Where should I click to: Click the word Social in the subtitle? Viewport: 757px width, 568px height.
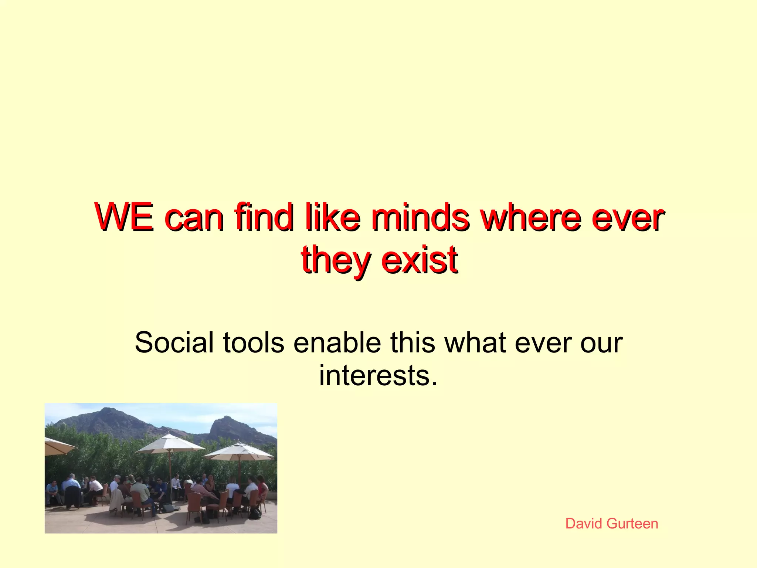[x=174, y=342]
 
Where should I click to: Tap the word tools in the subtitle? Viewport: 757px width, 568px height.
[x=254, y=342]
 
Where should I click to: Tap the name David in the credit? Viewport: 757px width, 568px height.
[x=584, y=524]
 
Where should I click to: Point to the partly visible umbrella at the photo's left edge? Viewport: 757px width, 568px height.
[x=57, y=446]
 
